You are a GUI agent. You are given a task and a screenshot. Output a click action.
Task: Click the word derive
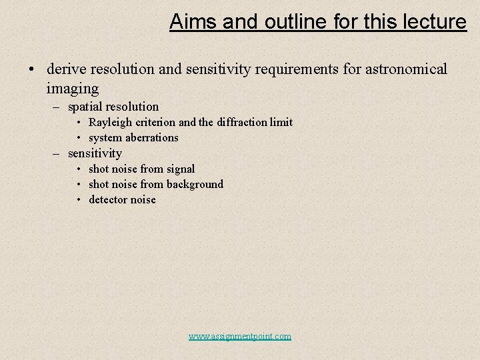coord(65,69)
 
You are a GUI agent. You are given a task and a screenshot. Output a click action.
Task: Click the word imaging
coord(73,88)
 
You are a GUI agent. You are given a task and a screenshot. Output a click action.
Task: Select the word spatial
coord(86,107)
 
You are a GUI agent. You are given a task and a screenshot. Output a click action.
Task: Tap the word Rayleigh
coord(111,123)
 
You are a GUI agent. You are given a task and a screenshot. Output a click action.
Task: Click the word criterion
coord(156,123)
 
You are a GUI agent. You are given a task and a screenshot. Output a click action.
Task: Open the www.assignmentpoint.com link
coord(240,337)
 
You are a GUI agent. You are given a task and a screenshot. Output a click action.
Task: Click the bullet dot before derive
coord(31,70)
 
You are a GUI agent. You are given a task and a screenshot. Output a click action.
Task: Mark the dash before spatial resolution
coord(57,107)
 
